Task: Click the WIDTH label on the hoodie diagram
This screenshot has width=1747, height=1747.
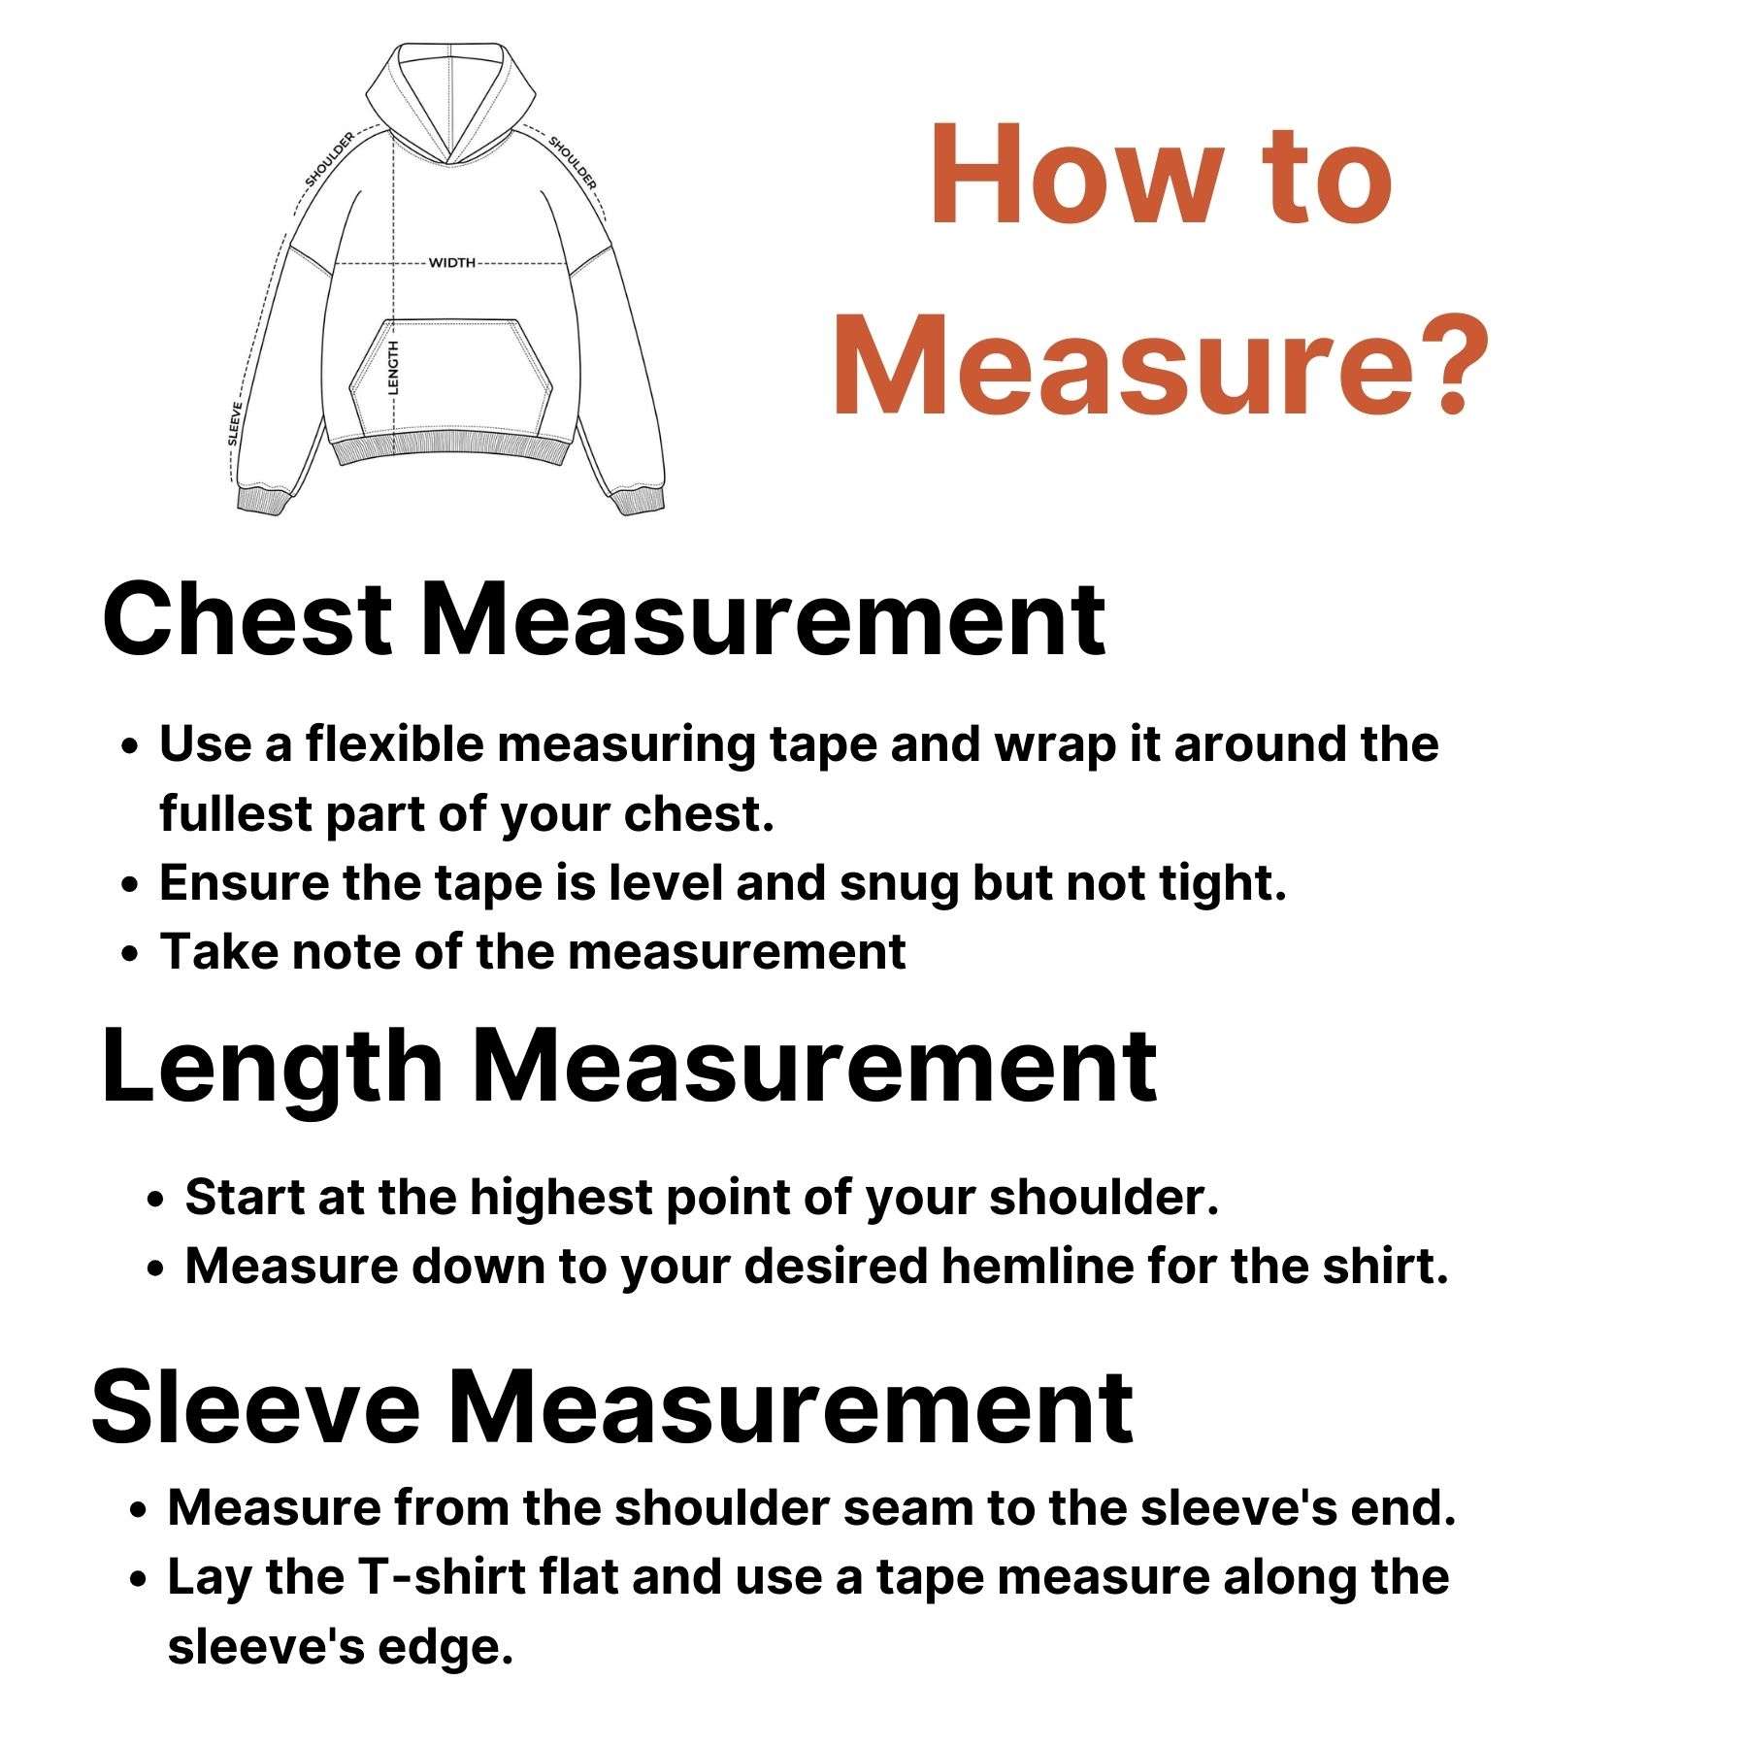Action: point(452,263)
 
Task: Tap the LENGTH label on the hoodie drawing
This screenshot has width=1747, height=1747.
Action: point(393,367)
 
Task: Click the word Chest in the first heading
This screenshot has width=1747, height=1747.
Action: point(247,619)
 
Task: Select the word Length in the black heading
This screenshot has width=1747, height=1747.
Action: point(272,1068)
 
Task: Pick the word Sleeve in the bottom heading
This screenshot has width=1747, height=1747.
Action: point(255,1407)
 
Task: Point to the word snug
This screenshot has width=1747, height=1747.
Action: point(898,883)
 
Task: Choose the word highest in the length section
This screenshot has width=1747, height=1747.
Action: point(534,1198)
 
